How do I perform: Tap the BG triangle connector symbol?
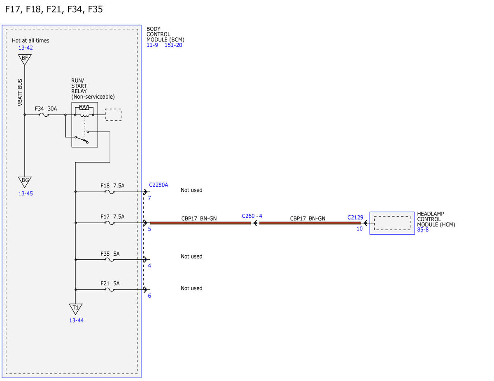coord(25,182)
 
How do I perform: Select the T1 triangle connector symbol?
coord(75,309)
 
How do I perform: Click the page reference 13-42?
coord(26,48)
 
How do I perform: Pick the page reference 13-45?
coord(26,193)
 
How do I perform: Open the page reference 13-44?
coord(77,320)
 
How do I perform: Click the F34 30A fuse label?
coord(46,109)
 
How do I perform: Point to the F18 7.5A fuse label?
coord(112,185)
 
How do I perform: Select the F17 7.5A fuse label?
coord(112,217)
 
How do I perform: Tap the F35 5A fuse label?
coord(110,254)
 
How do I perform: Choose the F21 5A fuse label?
coord(110,283)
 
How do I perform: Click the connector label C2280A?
coord(158,185)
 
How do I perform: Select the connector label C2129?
coord(355,217)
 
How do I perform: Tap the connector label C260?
coord(248,216)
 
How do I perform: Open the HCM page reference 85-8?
coord(423,230)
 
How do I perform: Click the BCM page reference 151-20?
coord(173,45)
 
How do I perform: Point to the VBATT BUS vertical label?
coord(20,92)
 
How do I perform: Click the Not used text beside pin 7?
coord(191,190)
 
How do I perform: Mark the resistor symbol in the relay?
coord(84,107)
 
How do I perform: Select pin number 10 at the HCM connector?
coord(359,229)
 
